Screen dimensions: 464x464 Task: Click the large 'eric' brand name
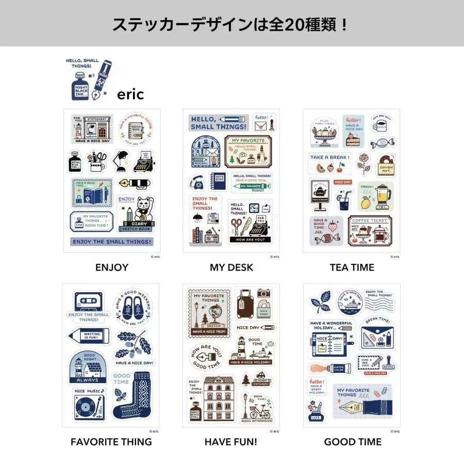pos(130,94)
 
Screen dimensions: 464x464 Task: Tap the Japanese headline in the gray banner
pos(231,24)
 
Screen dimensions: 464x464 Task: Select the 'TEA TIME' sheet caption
pos(352,267)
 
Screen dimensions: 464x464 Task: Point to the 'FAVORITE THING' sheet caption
pos(111,442)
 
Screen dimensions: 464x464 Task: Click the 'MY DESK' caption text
pos(231,267)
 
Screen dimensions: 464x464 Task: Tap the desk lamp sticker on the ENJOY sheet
pos(120,160)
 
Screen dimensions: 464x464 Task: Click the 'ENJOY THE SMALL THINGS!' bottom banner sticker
pos(112,241)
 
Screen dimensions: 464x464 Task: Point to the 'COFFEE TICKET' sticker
pos(369,230)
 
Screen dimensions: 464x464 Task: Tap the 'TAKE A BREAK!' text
pos(330,157)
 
